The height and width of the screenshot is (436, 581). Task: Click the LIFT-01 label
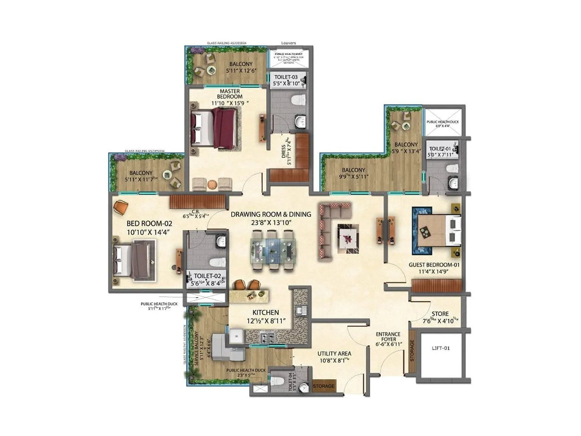pos(441,348)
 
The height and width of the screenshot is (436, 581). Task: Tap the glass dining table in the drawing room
pos(273,250)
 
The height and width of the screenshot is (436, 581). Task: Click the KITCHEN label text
pos(266,312)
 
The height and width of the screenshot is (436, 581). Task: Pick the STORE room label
pos(440,314)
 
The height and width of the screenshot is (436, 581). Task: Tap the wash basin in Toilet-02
pos(221,241)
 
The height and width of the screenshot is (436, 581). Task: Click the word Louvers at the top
pos(288,43)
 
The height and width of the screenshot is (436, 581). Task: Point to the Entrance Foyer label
pos(388,336)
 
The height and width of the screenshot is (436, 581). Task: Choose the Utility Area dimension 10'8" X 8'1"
pos(334,361)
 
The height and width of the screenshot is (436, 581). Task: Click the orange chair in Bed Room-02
pos(121,207)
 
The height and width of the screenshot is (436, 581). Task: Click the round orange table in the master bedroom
pos(212,185)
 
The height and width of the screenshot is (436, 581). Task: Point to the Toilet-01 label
pos(440,149)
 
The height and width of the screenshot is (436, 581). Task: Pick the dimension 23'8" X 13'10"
pos(271,223)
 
